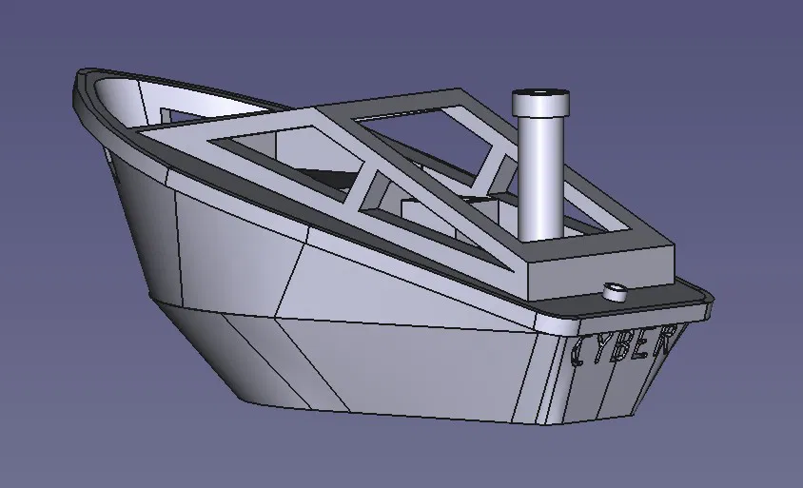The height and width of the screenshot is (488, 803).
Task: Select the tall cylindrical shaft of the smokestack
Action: point(539,171)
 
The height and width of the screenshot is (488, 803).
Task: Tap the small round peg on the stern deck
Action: point(615,291)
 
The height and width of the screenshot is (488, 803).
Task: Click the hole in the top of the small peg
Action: point(616,285)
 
